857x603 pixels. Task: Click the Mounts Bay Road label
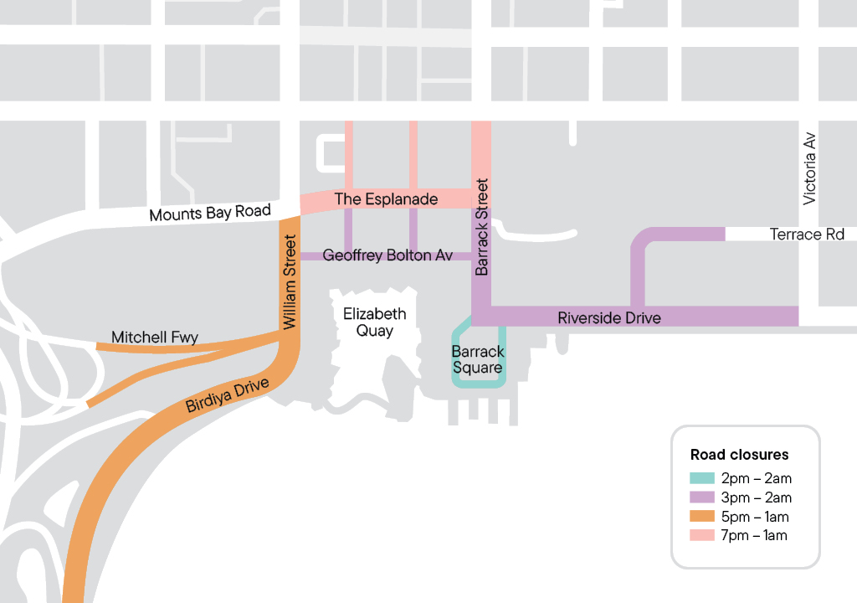click(x=210, y=213)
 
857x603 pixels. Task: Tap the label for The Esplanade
click(x=386, y=199)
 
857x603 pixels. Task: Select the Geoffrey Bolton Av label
click(x=387, y=255)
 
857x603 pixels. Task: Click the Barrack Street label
click(x=481, y=227)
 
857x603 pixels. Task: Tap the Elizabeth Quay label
click(x=375, y=322)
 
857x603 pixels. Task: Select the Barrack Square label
click(x=477, y=359)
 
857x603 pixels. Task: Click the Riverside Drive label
click(x=609, y=317)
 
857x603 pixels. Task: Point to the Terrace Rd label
click(x=807, y=234)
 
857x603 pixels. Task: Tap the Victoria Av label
click(x=808, y=168)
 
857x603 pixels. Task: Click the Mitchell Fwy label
click(x=155, y=338)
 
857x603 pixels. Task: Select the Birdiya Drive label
click(x=228, y=395)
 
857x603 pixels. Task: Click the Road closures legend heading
click(x=739, y=455)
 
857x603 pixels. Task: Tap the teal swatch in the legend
click(x=702, y=479)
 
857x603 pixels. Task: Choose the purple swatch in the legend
click(x=702, y=497)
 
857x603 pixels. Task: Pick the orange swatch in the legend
click(x=702, y=517)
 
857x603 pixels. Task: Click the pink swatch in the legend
click(x=702, y=535)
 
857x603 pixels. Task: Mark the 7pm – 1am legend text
click(x=754, y=535)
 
